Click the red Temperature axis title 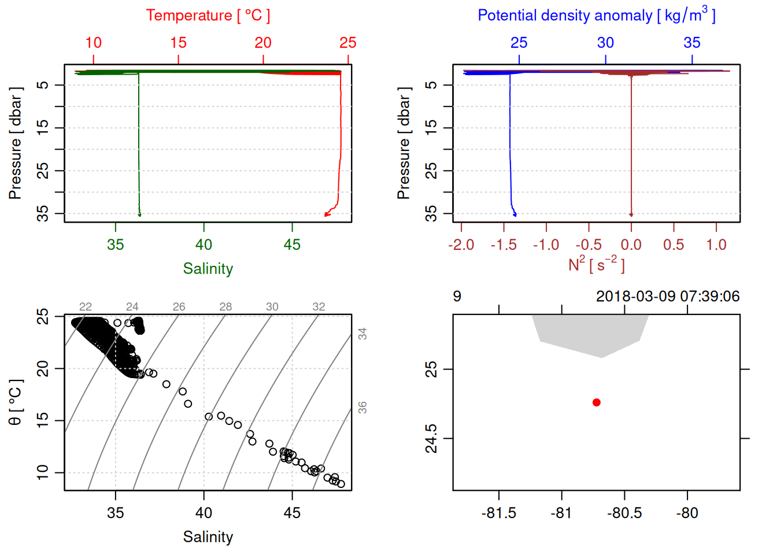pos(208,16)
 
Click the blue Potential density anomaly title pos(596,16)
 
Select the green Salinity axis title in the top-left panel pos(208,269)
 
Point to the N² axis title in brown pos(596,264)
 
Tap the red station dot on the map pos(597,402)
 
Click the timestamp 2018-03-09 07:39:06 pos(668,297)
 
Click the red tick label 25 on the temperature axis pos(348,43)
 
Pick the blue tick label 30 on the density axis pos(605,43)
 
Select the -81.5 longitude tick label pos(499,513)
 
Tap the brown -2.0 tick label pos(461,245)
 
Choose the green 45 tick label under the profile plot pos(292,245)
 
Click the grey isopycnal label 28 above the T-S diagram pos(225,307)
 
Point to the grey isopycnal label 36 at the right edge pos(362,408)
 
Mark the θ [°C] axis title pos(16,402)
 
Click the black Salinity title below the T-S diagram pos(208,537)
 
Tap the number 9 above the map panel pos(457,297)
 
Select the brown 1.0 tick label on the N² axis pos(716,245)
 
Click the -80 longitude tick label pos(687,513)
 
